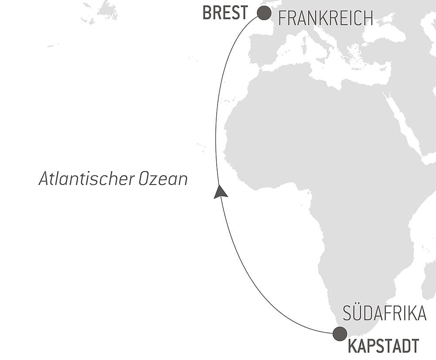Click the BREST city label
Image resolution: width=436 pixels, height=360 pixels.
coord(225,13)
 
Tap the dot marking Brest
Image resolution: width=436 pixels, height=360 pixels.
coord(264,13)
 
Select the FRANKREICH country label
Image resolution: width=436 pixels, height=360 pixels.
coord(325,18)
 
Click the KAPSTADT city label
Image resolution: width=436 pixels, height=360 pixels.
coord(383,346)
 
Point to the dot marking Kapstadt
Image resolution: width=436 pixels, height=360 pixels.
coord(340,334)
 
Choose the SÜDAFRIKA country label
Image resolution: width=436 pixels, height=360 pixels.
coord(384,314)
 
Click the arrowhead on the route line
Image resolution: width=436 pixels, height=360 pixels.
coord(221,192)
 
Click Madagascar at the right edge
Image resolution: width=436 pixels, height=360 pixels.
coord(429,279)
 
